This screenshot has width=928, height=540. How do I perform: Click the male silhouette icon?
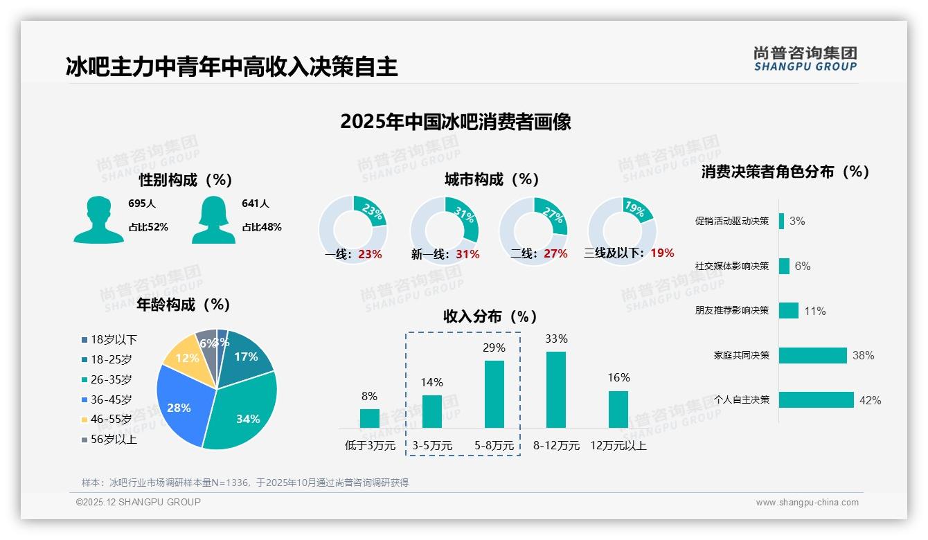98,219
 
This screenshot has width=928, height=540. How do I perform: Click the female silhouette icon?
213,219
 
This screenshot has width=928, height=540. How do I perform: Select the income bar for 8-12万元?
555,390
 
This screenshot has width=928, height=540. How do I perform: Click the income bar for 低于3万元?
369,418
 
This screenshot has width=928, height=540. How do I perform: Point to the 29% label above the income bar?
494,348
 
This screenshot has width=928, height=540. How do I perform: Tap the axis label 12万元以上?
618,446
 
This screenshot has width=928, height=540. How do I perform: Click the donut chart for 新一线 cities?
445,230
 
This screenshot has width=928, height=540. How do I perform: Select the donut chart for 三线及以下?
622,230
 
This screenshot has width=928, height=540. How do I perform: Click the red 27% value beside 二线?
555,254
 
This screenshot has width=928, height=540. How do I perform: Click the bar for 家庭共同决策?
812,355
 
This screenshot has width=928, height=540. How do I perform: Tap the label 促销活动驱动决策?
732,222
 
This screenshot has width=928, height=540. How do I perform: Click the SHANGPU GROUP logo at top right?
805,59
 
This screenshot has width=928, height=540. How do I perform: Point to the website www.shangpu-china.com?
807,503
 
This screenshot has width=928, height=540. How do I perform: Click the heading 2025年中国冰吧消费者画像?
456,122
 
